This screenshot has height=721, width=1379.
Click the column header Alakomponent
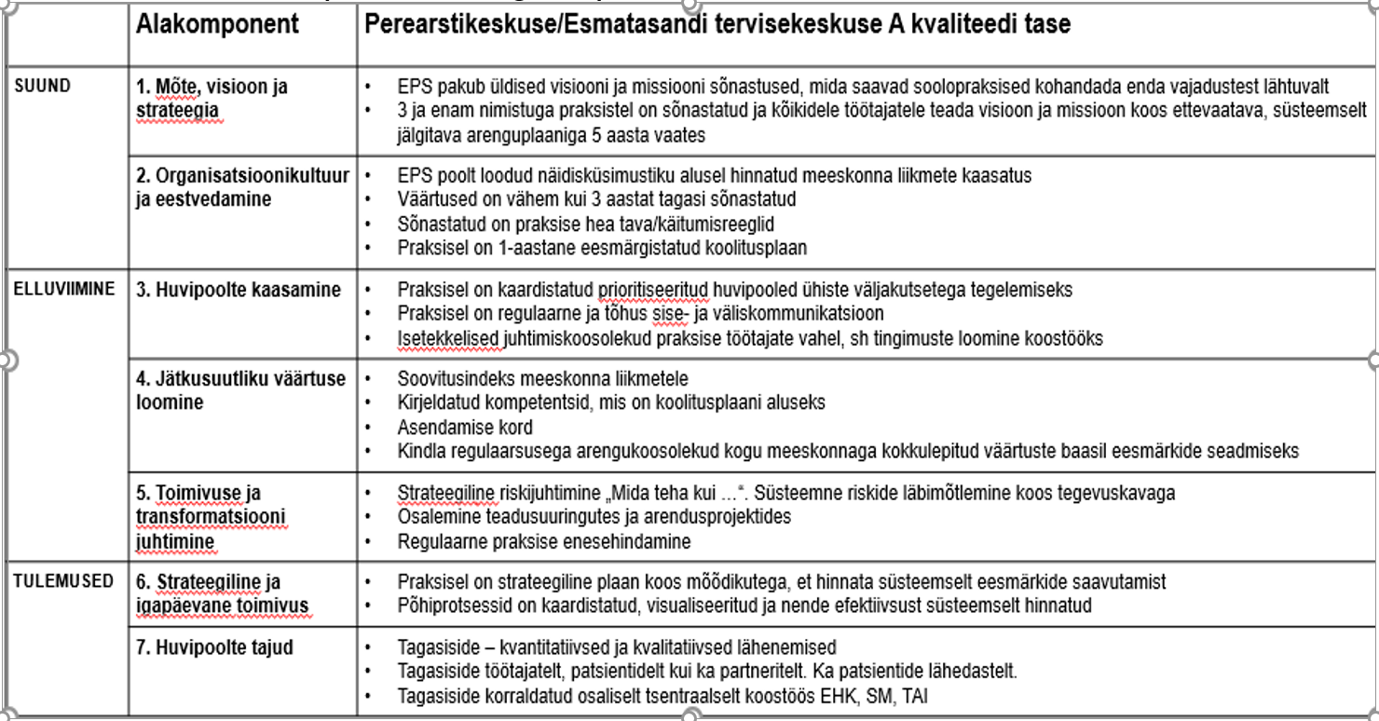coord(217,24)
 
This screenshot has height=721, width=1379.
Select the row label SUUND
coord(43,86)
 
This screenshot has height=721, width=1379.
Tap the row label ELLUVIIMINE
coord(64,289)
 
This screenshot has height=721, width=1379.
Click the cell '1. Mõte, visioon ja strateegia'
coord(212,99)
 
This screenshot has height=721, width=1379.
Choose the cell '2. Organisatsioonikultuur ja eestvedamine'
coord(242,187)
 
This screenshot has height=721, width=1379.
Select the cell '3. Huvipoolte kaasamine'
coord(239,290)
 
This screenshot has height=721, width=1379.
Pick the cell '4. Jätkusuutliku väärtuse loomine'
coord(240,390)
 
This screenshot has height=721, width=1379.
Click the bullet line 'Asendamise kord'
coord(465,428)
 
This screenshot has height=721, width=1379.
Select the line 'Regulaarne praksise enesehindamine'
coord(544,541)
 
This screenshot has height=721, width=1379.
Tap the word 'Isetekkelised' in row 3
coord(448,338)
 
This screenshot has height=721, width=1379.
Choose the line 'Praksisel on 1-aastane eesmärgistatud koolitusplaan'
coord(602,248)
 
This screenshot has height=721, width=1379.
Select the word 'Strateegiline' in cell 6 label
coord(208,582)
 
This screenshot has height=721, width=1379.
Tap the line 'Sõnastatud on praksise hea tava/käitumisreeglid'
coord(585,224)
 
